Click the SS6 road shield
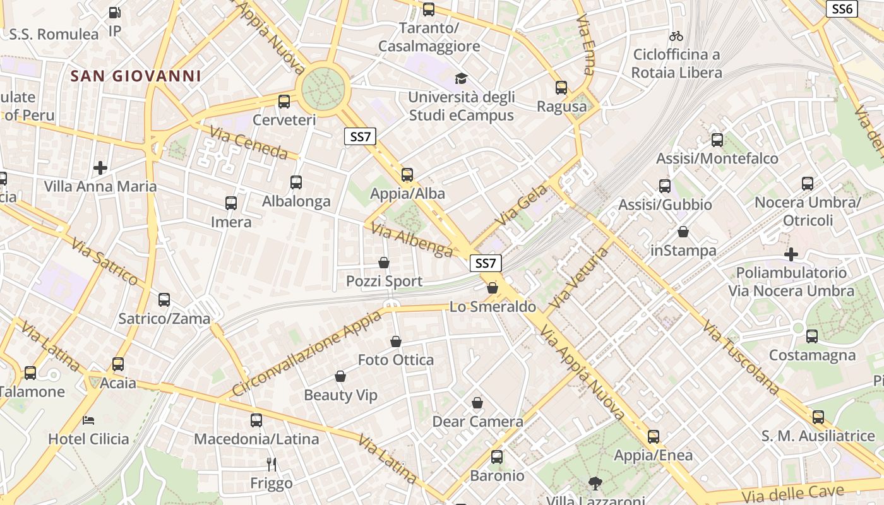pyautogui.click(x=842, y=8)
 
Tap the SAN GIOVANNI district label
pyautogui.click(x=136, y=76)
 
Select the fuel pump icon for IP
pyautogui.click(x=114, y=12)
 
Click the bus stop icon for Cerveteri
pyautogui.click(x=284, y=101)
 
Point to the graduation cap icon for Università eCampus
pyautogui.click(x=462, y=79)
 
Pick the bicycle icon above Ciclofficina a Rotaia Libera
pyautogui.click(x=676, y=36)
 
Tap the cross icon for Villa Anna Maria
pyautogui.click(x=100, y=168)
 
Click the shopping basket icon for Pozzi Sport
pyautogui.click(x=384, y=263)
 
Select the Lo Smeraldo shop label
pyautogui.click(x=493, y=307)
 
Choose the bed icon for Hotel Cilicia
pyautogui.click(x=89, y=420)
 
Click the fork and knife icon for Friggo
pyautogui.click(x=272, y=465)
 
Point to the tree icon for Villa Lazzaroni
pyautogui.click(x=594, y=484)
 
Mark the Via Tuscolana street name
pyautogui.click(x=741, y=359)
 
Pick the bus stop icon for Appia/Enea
pyautogui.click(x=654, y=436)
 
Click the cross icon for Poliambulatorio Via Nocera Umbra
pyautogui.click(x=791, y=254)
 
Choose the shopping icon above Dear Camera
pyautogui.click(x=477, y=403)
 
